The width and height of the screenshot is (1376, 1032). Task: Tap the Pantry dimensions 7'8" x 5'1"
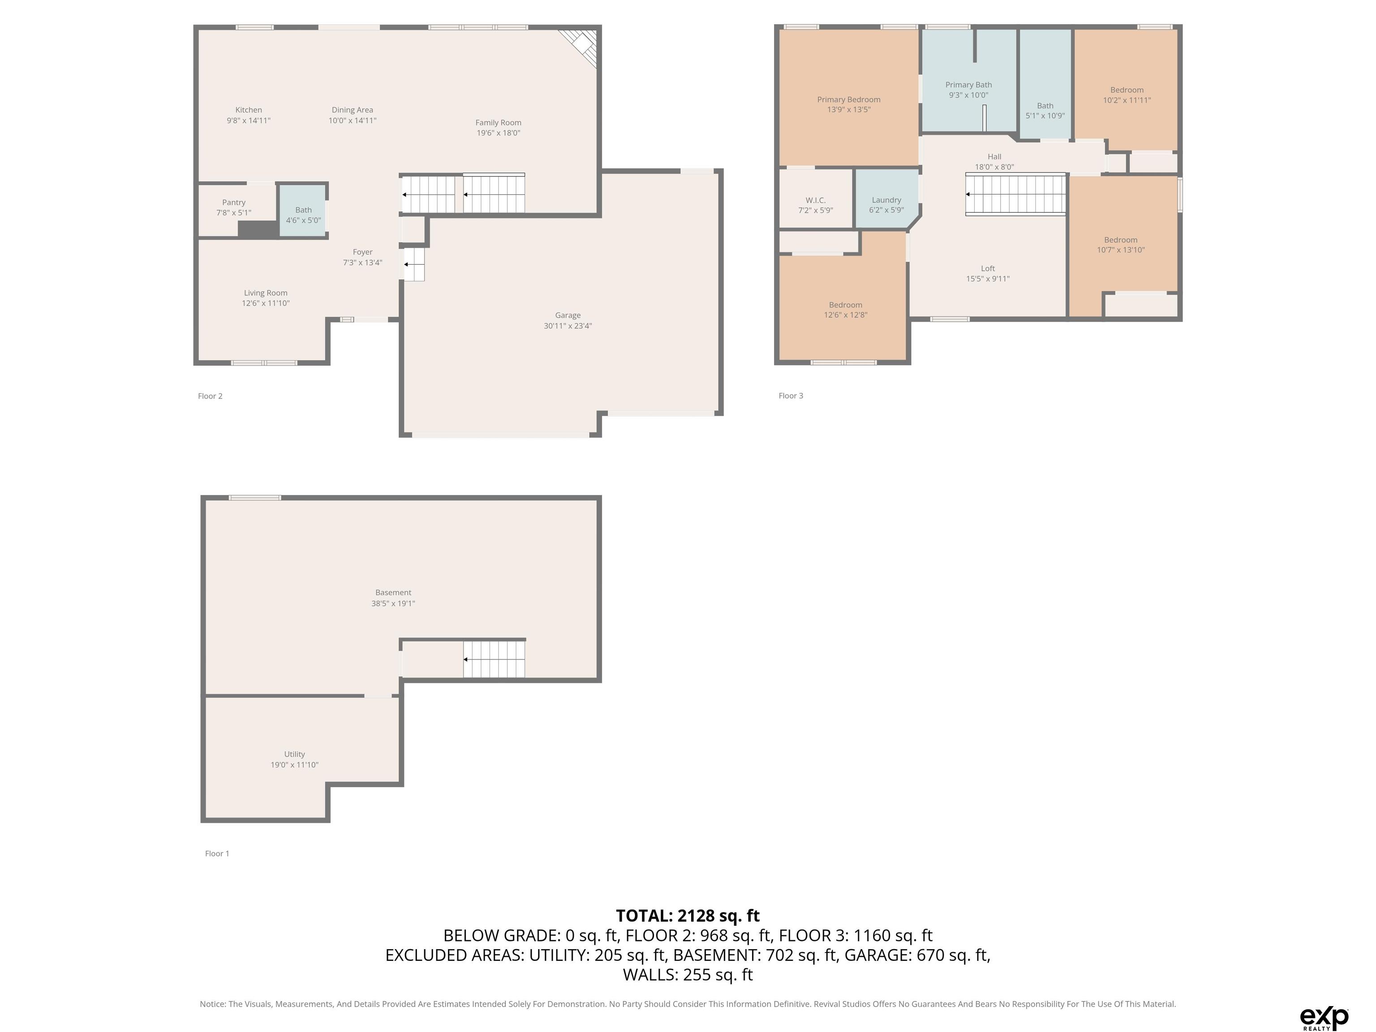point(233,213)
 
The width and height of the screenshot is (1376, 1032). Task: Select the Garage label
point(568,315)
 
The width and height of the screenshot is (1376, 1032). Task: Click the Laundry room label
point(886,200)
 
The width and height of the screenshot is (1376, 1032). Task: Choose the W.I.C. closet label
point(816,200)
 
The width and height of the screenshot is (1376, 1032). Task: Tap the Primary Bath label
point(968,85)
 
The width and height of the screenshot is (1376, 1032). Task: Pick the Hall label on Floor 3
point(994,157)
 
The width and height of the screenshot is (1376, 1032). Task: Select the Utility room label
point(294,754)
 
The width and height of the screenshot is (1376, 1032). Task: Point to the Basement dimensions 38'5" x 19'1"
point(393,603)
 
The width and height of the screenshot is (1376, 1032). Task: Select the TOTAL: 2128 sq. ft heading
point(688,916)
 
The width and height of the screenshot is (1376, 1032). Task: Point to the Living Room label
point(266,293)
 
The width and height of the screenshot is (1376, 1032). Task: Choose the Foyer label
point(363,252)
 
